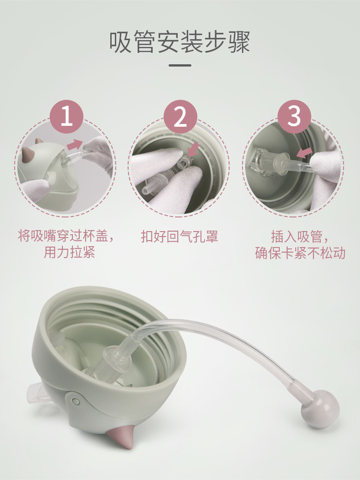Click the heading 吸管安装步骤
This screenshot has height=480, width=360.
click(x=180, y=41)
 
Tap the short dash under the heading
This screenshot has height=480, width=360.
click(x=180, y=65)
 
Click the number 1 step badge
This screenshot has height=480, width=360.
click(x=67, y=116)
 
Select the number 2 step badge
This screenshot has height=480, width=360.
click(x=180, y=116)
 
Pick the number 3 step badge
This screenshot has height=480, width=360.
click(x=294, y=116)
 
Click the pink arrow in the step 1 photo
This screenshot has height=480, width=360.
click(x=75, y=144)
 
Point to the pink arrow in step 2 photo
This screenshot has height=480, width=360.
click(x=193, y=149)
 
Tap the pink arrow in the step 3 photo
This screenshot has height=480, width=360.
click(x=305, y=152)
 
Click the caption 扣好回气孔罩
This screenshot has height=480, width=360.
click(x=180, y=237)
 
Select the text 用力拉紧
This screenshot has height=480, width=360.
click(x=69, y=252)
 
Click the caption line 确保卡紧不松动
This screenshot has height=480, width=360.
click(x=300, y=253)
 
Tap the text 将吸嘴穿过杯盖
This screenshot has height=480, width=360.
click(x=63, y=236)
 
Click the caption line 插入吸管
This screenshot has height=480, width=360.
click(x=296, y=237)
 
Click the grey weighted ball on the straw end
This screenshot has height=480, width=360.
click(x=320, y=409)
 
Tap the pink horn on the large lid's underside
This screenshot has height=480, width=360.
click(x=121, y=437)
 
